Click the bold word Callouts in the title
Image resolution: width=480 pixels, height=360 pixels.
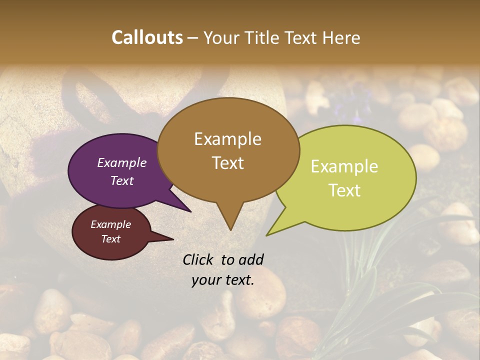click(147, 37)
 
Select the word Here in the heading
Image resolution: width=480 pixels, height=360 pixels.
click(342, 37)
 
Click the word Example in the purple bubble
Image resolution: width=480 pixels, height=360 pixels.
click(122, 162)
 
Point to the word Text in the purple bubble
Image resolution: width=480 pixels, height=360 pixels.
click(122, 180)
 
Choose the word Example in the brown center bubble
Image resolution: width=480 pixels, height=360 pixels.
click(227, 139)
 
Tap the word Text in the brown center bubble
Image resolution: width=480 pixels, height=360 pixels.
click(228, 163)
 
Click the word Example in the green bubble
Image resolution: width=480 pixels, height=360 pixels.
click(344, 166)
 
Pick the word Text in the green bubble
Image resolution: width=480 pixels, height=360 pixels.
click(345, 190)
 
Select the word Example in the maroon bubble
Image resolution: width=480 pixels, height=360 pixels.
click(110, 224)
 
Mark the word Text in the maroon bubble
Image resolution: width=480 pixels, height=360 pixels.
click(110, 239)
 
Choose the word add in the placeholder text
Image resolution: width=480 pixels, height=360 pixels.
click(250, 259)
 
